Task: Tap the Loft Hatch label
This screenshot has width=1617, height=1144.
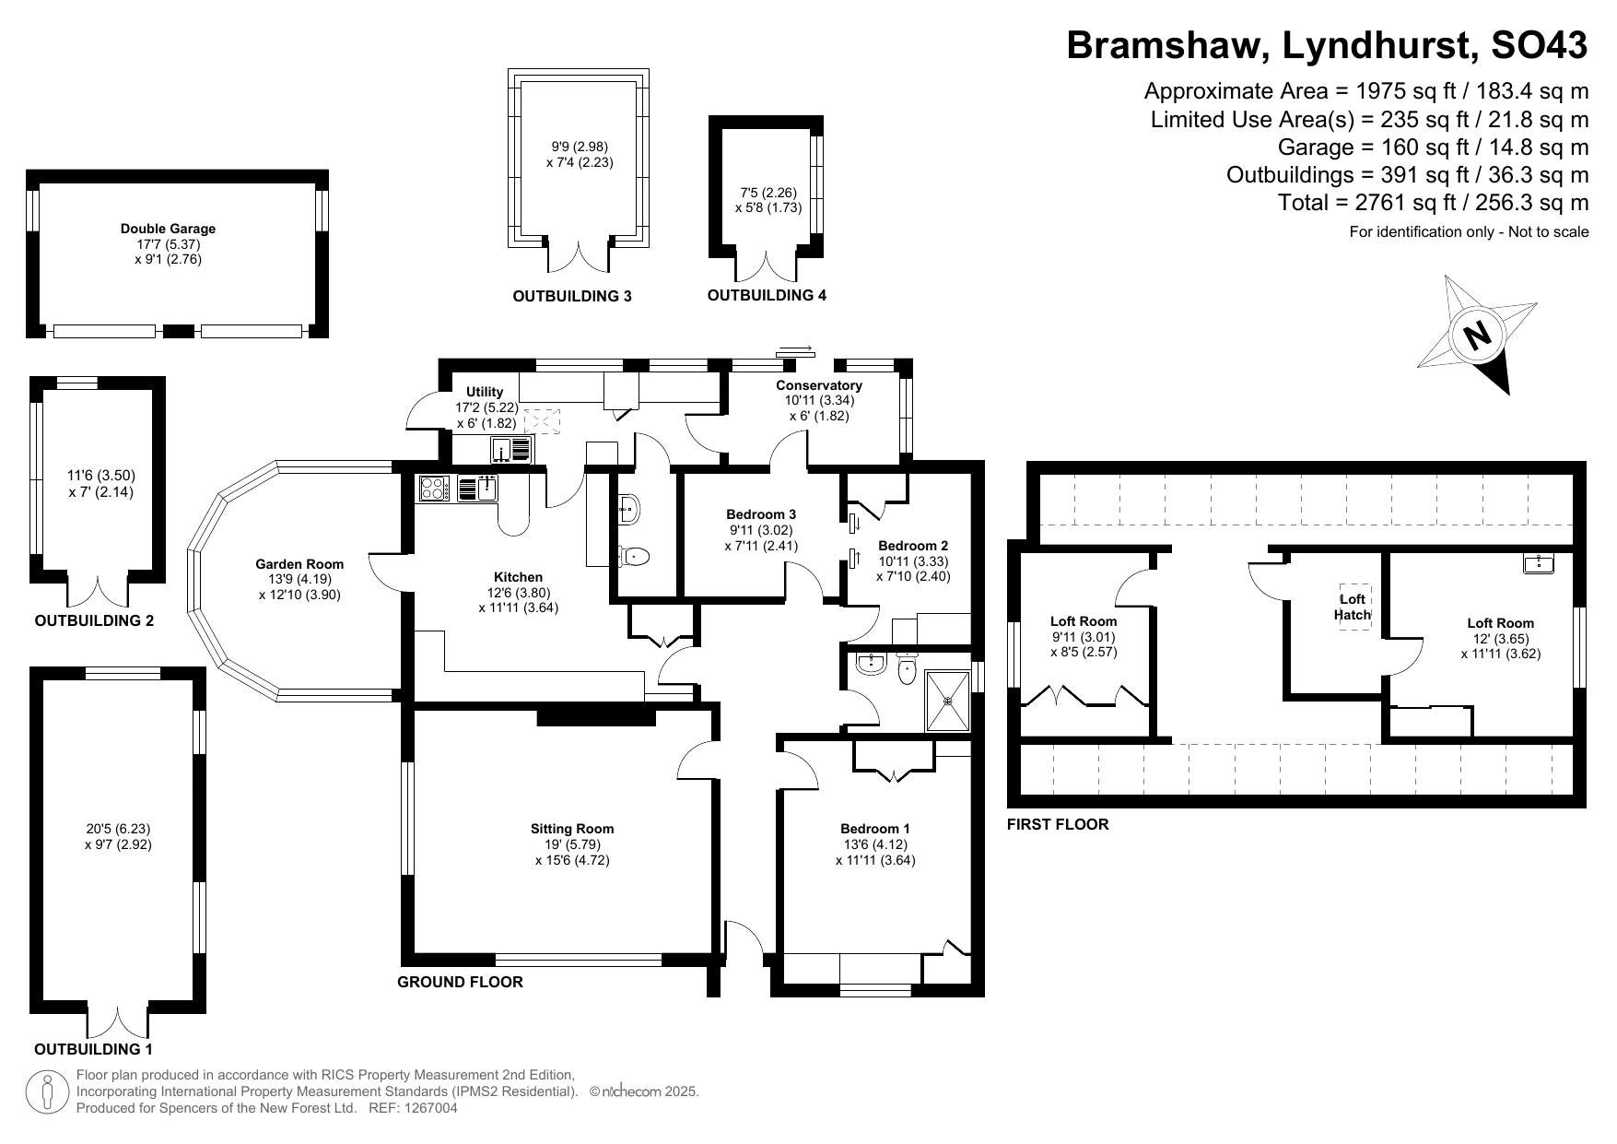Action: (x=1353, y=607)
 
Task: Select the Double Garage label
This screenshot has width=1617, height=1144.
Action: (x=168, y=229)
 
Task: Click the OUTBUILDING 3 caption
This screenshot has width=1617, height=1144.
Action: (x=572, y=297)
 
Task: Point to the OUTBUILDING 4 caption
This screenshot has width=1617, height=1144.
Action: (x=767, y=296)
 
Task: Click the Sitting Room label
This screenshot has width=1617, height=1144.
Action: (x=572, y=829)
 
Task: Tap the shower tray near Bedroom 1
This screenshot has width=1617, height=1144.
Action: (x=948, y=702)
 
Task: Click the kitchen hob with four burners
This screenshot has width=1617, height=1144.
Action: (x=433, y=488)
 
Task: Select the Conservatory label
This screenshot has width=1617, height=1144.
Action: (x=819, y=385)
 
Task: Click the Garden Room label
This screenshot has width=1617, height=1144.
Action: (x=299, y=564)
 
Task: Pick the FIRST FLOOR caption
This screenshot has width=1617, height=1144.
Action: (x=1058, y=825)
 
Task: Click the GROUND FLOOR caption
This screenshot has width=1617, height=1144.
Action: (x=460, y=983)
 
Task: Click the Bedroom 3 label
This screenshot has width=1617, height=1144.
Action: (x=761, y=514)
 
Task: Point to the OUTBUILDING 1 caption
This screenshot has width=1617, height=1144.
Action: (x=93, y=1050)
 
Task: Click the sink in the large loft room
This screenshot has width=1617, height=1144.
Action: (x=1538, y=562)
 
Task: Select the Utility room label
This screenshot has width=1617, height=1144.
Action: (x=485, y=392)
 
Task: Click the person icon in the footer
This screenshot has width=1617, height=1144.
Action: (x=48, y=1091)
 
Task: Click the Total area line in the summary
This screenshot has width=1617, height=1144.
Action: (x=1434, y=203)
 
